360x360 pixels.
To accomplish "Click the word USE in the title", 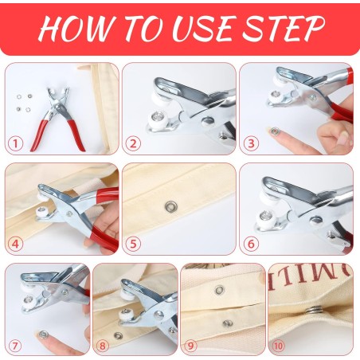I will [x=208, y=29].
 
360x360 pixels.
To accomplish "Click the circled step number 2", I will [x=133, y=144].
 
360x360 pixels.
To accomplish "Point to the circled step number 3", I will [x=251, y=144].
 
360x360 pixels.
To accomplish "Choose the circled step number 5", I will [x=133, y=245].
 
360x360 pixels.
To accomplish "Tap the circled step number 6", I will [x=251, y=245].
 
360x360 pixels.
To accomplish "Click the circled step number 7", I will [x=14, y=346].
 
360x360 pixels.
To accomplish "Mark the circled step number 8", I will [x=102, y=346].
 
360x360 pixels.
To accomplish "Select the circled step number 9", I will [x=190, y=346].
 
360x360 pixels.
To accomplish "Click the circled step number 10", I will [x=278, y=346].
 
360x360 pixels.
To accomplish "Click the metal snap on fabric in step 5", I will [x=169, y=207].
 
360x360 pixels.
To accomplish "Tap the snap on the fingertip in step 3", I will [x=275, y=130].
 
